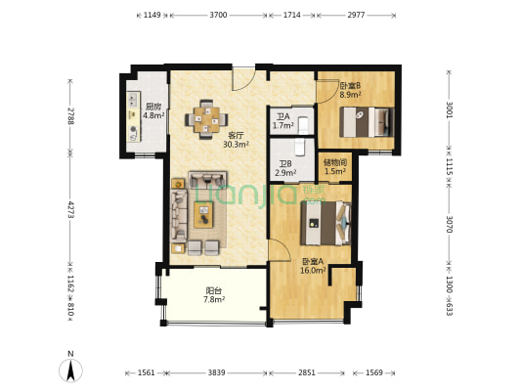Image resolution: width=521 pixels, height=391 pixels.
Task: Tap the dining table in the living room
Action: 206,119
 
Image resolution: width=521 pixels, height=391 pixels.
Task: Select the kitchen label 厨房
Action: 153,107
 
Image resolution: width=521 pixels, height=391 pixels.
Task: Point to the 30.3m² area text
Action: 237,145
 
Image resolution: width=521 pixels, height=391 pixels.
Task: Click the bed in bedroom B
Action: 367,122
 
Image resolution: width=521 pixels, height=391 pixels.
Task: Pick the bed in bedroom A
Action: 326,223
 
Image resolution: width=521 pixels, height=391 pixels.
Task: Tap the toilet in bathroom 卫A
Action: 304,125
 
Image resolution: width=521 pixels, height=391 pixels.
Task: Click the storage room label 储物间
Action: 335,162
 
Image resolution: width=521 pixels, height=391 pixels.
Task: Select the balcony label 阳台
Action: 214,290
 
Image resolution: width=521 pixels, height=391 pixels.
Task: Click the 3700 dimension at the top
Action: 218,15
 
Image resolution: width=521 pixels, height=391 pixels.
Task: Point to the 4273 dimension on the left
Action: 70,209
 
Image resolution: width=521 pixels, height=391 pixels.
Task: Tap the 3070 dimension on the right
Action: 449,224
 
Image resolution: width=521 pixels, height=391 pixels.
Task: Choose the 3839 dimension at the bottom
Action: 217,372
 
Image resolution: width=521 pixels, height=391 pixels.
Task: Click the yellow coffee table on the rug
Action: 203,215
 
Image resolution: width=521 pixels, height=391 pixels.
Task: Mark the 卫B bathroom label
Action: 285,164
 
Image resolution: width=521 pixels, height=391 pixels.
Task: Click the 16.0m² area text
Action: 313,271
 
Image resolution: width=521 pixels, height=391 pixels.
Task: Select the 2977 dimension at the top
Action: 356,15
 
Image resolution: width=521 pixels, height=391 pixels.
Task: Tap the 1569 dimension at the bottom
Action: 374,372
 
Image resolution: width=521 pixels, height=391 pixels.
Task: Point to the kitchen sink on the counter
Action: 133,99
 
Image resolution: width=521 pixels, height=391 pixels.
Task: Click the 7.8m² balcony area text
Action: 214,300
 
